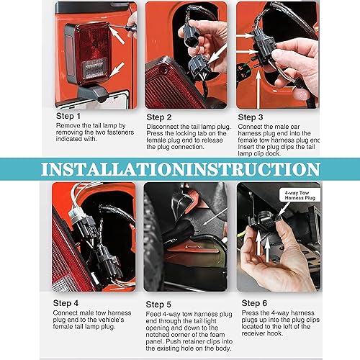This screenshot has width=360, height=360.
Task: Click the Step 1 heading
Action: [68, 116]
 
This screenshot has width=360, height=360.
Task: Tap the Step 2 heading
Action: [159, 117]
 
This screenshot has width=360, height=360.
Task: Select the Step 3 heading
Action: [251, 117]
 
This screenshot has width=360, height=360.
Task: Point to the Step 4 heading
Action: [66, 303]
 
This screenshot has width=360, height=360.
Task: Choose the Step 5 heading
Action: [158, 305]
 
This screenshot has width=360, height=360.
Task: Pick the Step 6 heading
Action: [254, 303]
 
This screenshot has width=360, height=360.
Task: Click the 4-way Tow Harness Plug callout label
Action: [300, 195]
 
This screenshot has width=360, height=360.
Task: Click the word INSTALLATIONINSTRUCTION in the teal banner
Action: [181, 169]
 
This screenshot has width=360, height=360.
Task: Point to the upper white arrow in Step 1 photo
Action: [117, 35]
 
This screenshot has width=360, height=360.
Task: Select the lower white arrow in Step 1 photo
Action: [117, 70]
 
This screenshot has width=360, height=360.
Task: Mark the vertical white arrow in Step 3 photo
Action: [258, 89]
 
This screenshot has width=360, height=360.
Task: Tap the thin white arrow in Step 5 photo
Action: [215, 217]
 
